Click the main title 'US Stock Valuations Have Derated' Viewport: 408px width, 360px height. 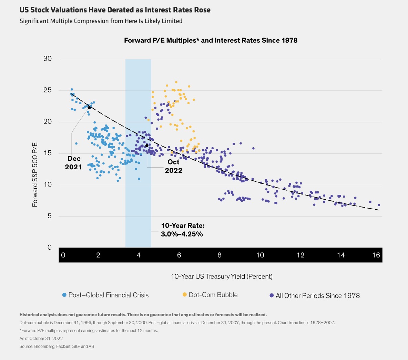pos(115,10)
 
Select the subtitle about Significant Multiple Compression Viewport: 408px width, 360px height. pos(101,21)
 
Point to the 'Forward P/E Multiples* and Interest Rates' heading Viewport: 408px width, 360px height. pos(211,40)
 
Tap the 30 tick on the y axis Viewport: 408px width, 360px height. pos(48,59)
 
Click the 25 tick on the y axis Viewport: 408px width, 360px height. pos(48,90)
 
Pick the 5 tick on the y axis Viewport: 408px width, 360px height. pos(50,216)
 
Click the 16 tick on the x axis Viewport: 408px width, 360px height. pos(376,255)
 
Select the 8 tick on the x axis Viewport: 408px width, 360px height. pos(220,255)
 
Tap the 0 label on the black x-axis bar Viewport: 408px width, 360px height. pos(63,255)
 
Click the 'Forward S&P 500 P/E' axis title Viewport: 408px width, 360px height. pos(35,174)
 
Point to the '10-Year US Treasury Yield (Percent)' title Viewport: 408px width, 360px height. pos(222,277)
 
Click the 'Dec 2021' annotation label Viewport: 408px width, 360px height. pos(73,163)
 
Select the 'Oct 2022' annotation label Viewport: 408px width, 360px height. pos(173,166)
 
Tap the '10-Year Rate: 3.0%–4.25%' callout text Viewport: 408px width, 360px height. pos(183,230)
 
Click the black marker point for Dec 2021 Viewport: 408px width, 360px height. pos(89,108)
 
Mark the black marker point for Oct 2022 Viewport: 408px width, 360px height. pos(147,146)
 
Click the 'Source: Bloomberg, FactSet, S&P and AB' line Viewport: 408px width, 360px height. pos(57,346)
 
